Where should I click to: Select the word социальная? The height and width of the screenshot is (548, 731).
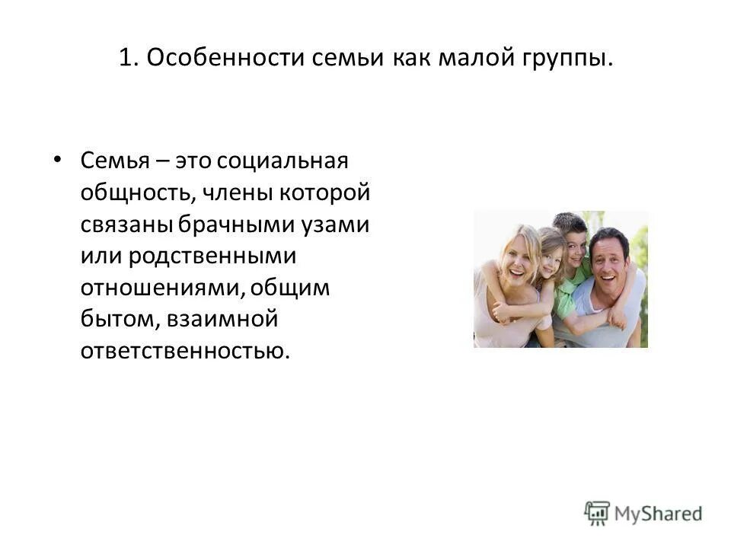(283, 161)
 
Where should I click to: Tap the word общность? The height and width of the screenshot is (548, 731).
(136, 193)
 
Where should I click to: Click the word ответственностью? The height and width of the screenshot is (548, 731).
(186, 351)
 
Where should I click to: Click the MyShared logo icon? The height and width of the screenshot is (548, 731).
(597, 513)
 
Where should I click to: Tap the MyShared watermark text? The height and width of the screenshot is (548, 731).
(658, 514)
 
